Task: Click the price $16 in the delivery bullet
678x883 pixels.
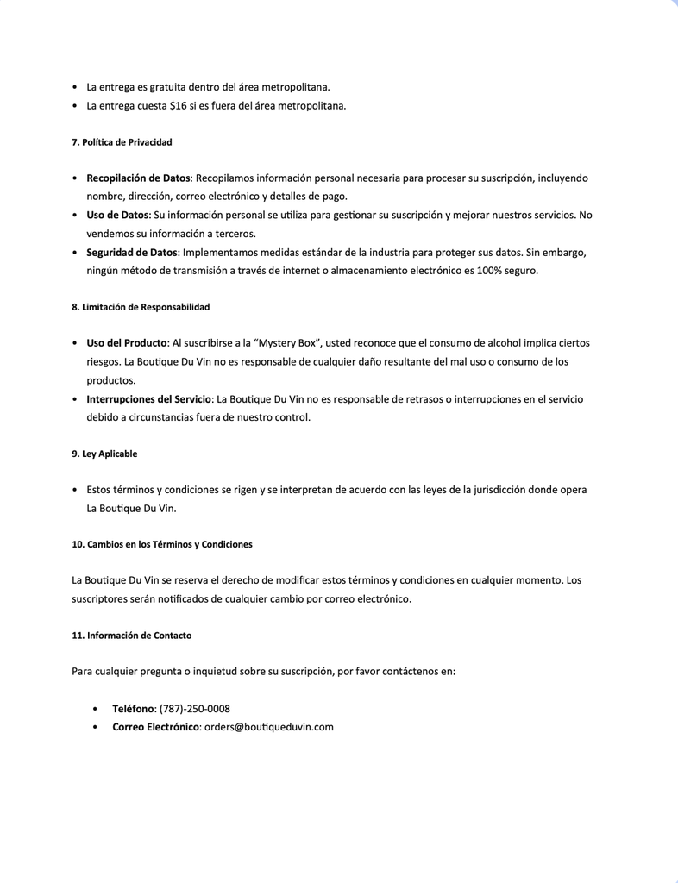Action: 179,106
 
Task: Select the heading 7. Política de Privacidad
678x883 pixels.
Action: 122,141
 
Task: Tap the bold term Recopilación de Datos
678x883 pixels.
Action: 138,178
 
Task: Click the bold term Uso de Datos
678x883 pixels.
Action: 117,215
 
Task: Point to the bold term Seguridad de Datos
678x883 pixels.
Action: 132,252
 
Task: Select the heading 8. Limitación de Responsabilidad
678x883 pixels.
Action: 141,307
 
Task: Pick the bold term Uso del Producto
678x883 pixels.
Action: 127,343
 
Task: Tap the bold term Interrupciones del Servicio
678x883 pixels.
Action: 148,399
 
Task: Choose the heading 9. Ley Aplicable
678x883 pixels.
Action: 104,454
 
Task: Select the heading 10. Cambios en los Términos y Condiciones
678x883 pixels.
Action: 162,544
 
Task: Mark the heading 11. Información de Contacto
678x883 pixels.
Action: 132,636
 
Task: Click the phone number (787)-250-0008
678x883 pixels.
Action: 195,709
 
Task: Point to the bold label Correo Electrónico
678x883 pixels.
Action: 156,727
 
